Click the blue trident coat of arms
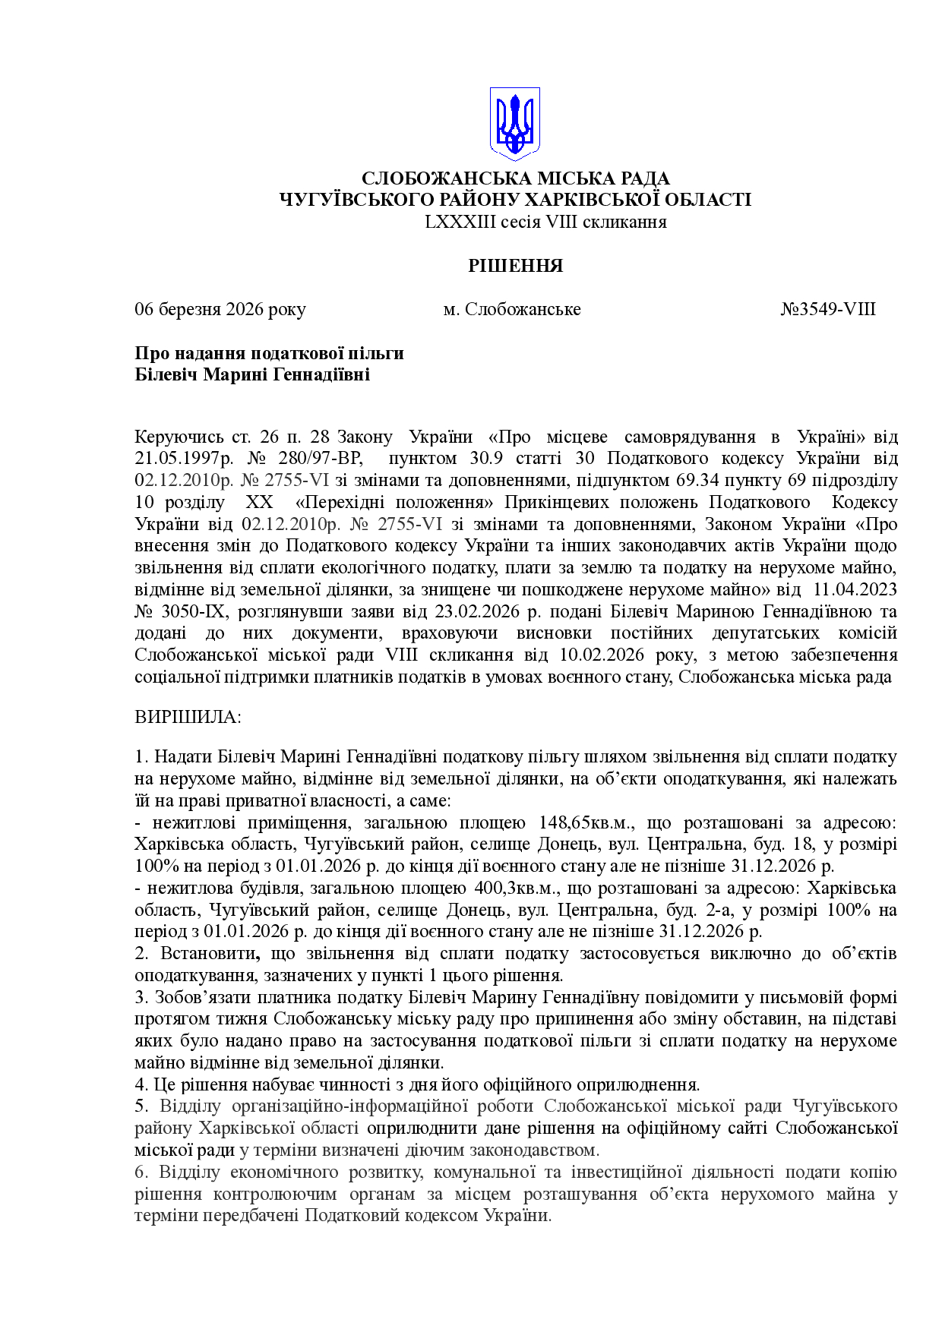(514, 123)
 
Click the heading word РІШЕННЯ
(515, 266)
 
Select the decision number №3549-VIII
(828, 309)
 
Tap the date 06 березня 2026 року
(220, 309)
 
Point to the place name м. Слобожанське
(512, 309)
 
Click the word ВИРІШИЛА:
(188, 717)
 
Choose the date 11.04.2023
(855, 589)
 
